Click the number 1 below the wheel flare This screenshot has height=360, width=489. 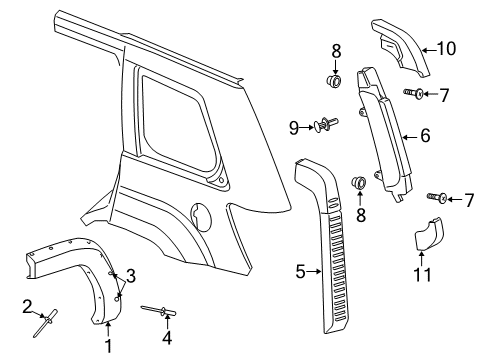109,345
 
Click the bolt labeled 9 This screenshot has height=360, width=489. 326,124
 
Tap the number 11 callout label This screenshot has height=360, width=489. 425,271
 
